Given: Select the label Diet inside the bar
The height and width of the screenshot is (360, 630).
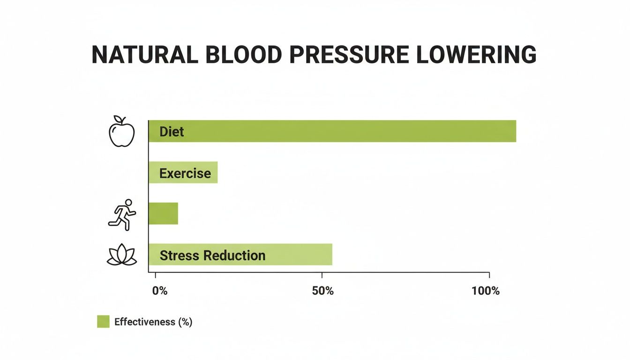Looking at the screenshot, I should tap(172, 132).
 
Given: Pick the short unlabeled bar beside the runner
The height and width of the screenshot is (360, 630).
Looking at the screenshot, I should tap(164, 213).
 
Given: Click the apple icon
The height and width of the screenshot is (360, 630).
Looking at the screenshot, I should tap(121, 133).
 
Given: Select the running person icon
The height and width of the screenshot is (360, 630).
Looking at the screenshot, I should tap(122, 215).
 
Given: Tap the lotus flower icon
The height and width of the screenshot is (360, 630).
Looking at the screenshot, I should tap(121, 255).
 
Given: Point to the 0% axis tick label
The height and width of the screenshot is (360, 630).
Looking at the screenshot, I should tap(160, 291).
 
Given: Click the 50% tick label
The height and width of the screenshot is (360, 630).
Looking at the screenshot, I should tap(322, 291).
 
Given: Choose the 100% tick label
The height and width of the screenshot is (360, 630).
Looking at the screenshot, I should tap(486, 291).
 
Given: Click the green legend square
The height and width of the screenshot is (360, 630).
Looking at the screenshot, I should tap(103, 322).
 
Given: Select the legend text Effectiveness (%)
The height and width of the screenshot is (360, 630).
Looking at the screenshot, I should tap(153, 322).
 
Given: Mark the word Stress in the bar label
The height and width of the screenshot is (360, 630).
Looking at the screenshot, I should tap(180, 255).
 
